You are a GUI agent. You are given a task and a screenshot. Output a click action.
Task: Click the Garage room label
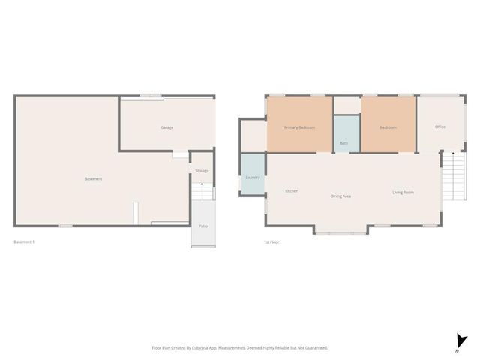click(x=166, y=127)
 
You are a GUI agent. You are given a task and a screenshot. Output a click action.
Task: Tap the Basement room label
click(x=93, y=178)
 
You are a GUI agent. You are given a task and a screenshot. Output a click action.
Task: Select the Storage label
click(x=202, y=172)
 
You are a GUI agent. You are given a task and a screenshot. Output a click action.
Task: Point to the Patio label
click(x=202, y=226)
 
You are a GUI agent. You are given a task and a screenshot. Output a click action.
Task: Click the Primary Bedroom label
click(x=299, y=127)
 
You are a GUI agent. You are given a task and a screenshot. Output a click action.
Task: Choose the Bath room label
click(x=343, y=143)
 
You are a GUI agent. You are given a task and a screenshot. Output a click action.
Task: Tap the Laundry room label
click(x=252, y=178)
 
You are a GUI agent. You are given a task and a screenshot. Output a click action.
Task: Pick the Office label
click(x=440, y=127)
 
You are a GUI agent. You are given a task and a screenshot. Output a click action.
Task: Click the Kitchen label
click(x=292, y=191)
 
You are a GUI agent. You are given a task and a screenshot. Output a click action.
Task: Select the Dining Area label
click(x=341, y=196)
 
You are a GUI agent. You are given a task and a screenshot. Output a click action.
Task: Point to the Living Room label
click(x=403, y=193)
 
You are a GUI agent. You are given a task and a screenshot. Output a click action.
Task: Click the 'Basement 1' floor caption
click(x=25, y=241)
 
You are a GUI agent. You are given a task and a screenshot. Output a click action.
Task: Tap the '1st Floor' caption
click(x=271, y=241)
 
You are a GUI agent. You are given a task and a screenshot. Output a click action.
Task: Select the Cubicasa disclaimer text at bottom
click(x=240, y=347)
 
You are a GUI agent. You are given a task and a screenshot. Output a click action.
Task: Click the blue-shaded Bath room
click(x=344, y=133)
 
